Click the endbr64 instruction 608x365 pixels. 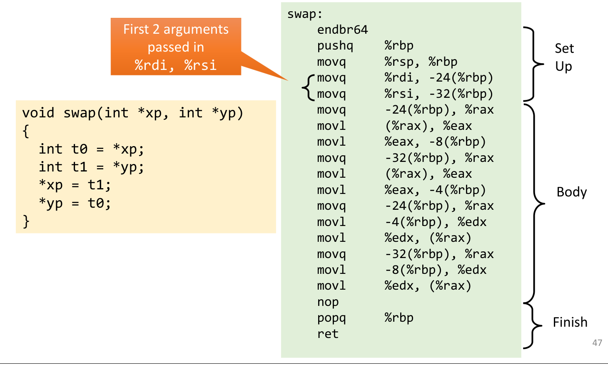point(342,30)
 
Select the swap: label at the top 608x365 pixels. point(305,14)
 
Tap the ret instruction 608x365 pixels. point(328,334)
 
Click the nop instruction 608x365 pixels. point(328,302)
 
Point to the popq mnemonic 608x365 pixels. point(331,318)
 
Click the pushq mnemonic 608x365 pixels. point(335,46)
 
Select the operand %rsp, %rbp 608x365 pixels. point(421,62)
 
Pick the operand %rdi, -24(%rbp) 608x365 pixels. point(439,78)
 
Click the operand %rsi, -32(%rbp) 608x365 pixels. point(439,94)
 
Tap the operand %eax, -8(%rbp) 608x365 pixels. point(435,142)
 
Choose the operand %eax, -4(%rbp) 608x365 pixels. point(435,190)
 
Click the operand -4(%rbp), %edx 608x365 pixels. point(435,222)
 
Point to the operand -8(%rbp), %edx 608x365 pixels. point(435,270)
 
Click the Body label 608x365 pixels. point(571,192)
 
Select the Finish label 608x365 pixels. point(570,322)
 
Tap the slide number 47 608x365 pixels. point(597,343)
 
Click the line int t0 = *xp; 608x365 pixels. point(91,149)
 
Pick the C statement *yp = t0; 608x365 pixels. point(75,203)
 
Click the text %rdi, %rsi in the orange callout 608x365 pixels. point(175,65)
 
